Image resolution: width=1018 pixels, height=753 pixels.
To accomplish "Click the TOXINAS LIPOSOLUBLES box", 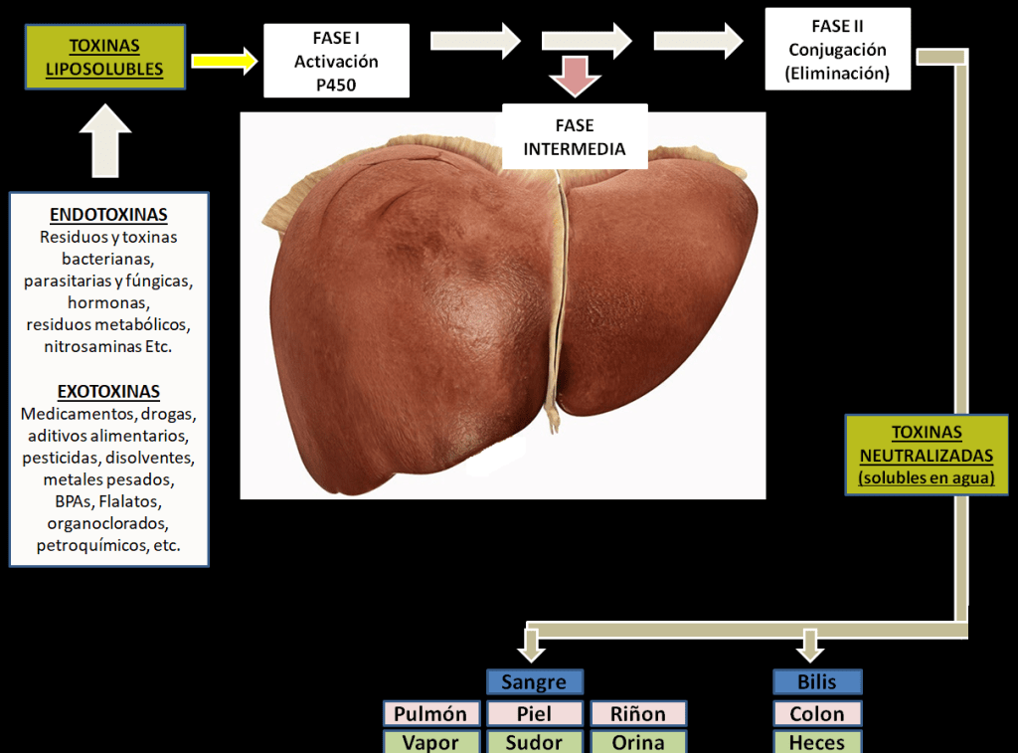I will (x=104, y=58).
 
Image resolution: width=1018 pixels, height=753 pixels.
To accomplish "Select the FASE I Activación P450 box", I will (x=336, y=61).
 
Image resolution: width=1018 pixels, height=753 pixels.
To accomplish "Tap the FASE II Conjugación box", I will (x=837, y=49).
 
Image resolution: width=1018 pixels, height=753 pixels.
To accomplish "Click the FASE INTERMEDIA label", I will (x=575, y=137).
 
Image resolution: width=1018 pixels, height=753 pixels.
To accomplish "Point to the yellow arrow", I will (x=224, y=61).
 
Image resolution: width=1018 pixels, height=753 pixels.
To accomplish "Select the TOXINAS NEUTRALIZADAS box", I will (x=927, y=455).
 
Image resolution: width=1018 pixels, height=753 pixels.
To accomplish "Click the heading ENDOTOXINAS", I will (x=108, y=215).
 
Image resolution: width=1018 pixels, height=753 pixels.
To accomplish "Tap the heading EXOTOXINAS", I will (x=108, y=391).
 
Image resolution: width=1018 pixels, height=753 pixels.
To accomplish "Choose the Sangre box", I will (x=534, y=682).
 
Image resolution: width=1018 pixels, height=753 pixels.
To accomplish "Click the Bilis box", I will (x=817, y=682).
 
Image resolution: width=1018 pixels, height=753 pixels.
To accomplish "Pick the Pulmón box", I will (x=430, y=714).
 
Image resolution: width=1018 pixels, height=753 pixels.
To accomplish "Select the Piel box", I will (x=534, y=714).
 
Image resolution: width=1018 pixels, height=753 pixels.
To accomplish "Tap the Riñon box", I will (x=638, y=714).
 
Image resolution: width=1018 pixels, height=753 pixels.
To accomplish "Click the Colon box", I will (x=817, y=714).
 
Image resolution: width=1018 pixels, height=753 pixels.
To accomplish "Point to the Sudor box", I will (x=534, y=742).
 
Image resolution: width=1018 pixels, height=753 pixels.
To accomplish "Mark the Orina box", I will (x=638, y=742).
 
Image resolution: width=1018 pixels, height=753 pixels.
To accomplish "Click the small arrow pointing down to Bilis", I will (x=810, y=647).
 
